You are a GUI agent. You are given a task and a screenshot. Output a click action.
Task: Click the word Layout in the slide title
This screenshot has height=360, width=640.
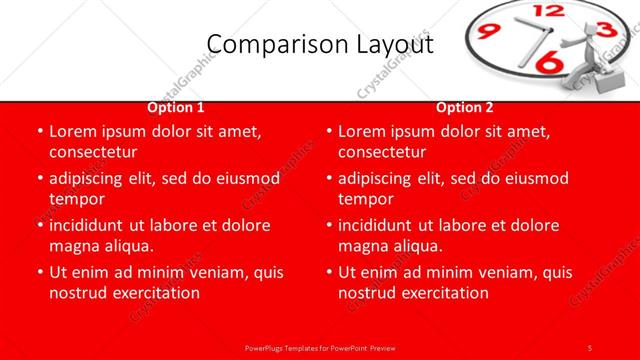pyautogui.click(x=395, y=44)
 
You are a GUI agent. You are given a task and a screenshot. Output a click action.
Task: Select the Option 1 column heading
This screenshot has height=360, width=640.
pyautogui.click(x=176, y=107)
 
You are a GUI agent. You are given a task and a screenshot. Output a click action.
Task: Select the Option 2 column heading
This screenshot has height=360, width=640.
pyautogui.click(x=465, y=107)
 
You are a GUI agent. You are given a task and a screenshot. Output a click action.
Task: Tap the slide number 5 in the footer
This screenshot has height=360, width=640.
pyautogui.click(x=590, y=347)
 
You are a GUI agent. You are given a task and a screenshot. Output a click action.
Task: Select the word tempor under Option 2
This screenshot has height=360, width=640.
pyautogui.click(x=366, y=199)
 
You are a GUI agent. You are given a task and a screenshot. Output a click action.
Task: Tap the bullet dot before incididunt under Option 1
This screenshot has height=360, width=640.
pyautogui.click(x=39, y=226)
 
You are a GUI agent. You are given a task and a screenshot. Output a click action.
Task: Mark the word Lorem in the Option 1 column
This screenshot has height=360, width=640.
pyautogui.click(x=72, y=132)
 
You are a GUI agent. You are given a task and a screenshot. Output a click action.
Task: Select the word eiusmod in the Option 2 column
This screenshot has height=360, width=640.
pyautogui.click(x=536, y=178)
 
